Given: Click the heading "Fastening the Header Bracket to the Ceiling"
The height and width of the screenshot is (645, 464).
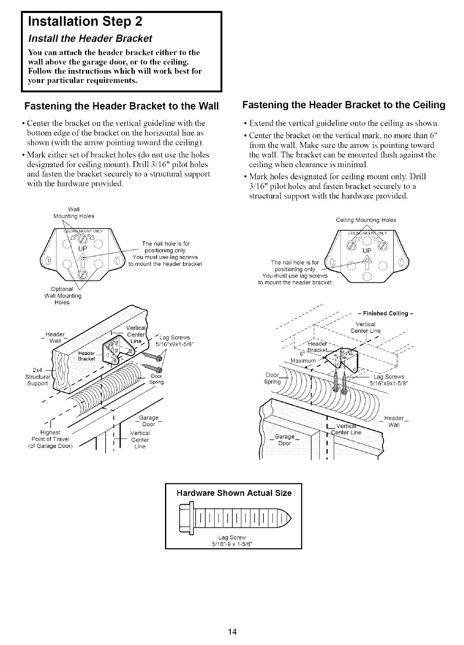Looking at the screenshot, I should click(x=344, y=105).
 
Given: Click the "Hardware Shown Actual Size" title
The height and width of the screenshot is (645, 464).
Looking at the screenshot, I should click(x=234, y=493).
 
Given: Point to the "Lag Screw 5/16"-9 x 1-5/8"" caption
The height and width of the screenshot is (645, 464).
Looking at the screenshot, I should click(x=234, y=540).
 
